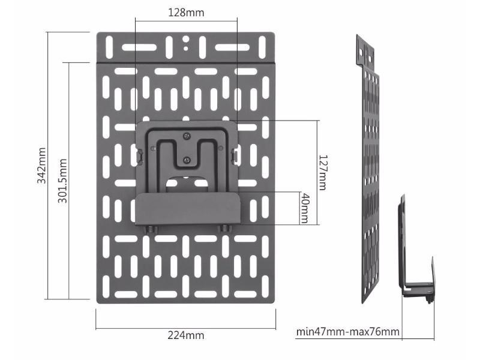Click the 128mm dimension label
coord(187,13)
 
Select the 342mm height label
coord(42,165)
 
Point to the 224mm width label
coord(186,335)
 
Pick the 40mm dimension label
coord(305,208)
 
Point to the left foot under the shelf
coord(149,229)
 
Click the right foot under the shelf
coord(224,229)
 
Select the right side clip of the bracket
coord(235,155)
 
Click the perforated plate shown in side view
coord(371,180)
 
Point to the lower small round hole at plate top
coord(187,47)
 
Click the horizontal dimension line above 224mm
coord(186,328)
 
